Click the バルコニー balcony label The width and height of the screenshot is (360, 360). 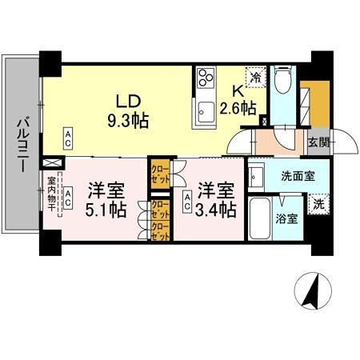(x=21, y=145)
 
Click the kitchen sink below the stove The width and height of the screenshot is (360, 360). (x=204, y=110)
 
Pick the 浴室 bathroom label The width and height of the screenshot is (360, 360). (x=288, y=217)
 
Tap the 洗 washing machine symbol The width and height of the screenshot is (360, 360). (x=318, y=203)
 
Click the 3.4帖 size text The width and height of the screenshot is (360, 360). (x=217, y=210)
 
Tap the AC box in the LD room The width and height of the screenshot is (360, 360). (x=68, y=137)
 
